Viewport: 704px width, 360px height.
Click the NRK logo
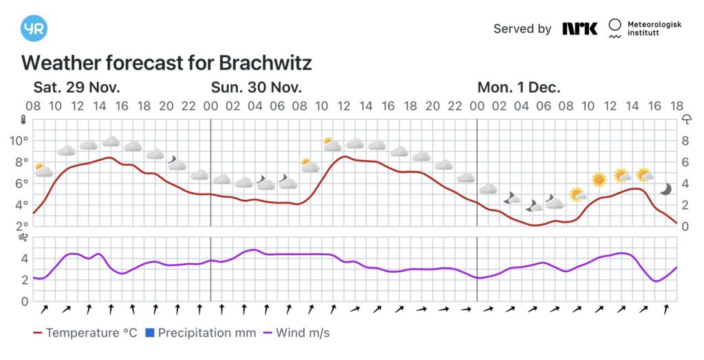click(x=580, y=28)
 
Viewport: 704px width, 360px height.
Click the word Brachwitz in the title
click(x=265, y=63)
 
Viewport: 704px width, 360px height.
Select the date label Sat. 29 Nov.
click(x=77, y=88)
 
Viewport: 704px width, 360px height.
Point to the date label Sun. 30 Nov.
click(x=256, y=88)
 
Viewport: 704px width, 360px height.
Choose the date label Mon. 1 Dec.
click(x=519, y=88)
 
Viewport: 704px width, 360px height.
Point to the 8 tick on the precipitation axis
click(x=685, y=141)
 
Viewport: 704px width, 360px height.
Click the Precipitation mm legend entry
click(x=200, y=333)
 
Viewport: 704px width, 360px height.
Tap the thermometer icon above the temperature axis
click(x=23, y=120)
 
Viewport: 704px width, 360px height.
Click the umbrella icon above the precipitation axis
click(x=685, y=119)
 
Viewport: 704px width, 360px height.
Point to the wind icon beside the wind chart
click(x=23, y=238)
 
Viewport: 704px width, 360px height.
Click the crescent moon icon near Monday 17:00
click(x=665, y=189)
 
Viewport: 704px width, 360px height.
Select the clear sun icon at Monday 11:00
click(x=599, y=179)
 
